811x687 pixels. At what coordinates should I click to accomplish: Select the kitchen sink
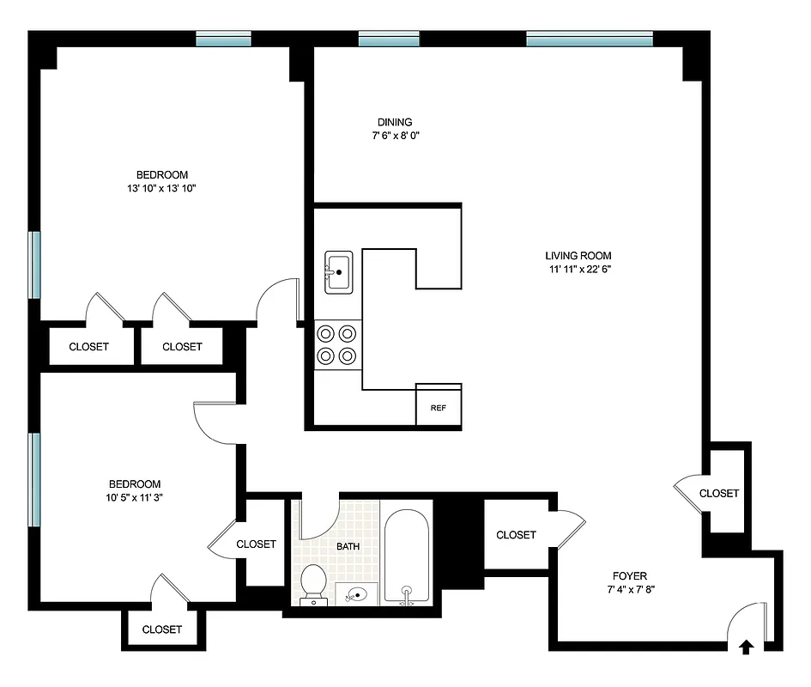pos(339,273)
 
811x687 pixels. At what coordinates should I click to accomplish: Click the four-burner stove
pos(336,343)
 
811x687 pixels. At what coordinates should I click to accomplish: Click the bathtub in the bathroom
pos(407,556)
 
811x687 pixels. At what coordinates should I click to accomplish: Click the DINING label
pos(395,122)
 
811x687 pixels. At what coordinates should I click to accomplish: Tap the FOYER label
pos(629,575)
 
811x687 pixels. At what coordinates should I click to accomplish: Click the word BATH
pos(348,546)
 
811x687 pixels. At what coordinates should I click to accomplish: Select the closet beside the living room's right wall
pos(718,493)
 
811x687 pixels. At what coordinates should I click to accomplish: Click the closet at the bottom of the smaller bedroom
pos(162,629)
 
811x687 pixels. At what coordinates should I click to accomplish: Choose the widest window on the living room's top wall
pos(589,38)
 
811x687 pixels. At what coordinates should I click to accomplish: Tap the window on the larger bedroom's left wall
pos(34,264)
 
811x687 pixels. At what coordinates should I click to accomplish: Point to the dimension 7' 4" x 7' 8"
pos(629,589)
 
